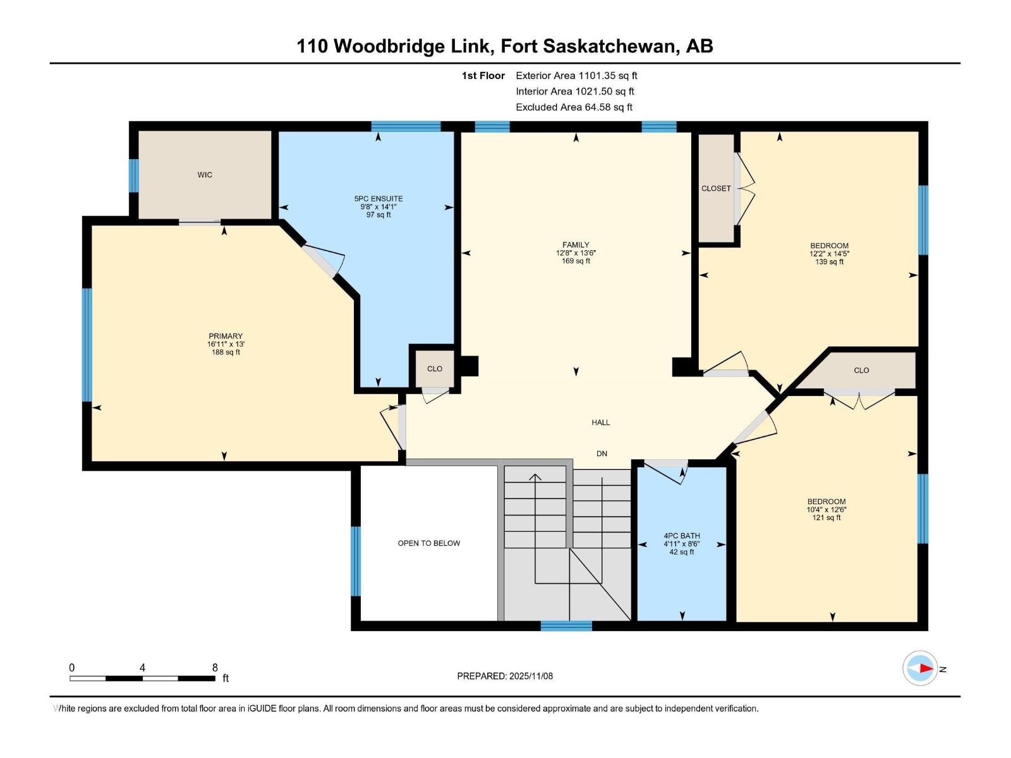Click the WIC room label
pyautogui.click(x=205, y=175)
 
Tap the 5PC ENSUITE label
pyautogui.click(x=378, y=199)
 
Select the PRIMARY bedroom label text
pyautogui.click(x=226, y=337)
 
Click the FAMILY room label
pyautogui.click(x=576, y=245)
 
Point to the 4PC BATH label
pyautogui.click(x=681, y=536)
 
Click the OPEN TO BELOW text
pyautogui.click(x=428, y=543)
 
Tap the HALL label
pyautogui.click(x=600, y=423)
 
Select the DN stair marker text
pyautogui.click(x=602, y=454)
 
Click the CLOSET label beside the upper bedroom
pyautogui.click(x=716, y=188)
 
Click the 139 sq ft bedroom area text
pyautogui.click(x=829, y=262)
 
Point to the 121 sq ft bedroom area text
pyautogui.click(x=826, y=517)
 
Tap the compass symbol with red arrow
pyautogui.click(x=920, y=668)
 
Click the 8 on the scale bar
pyautogui.click(x=215, y=668)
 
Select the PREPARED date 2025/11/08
pyautogui.click(x=505, y=676)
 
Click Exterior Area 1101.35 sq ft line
pyautogui.click(x=576, y=76)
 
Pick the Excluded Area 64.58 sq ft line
pyautogui.click(x=574, y=107)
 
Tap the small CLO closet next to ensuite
pyautogui.click(x=435, y=369)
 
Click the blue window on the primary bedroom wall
pyautogui.click(x=87, y=345)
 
